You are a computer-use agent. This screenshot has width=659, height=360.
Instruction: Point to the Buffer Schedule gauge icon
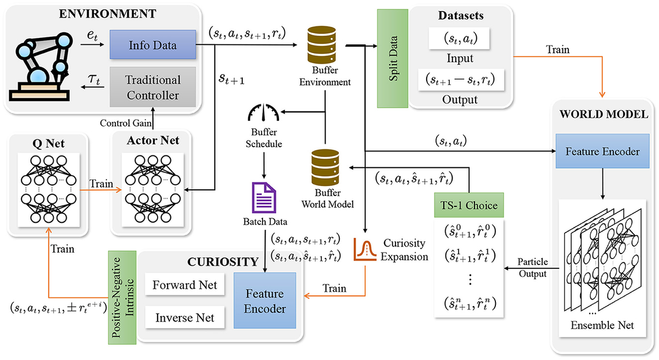[263, 114]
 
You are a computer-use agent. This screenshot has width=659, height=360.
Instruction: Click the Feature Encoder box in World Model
[604, 151]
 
